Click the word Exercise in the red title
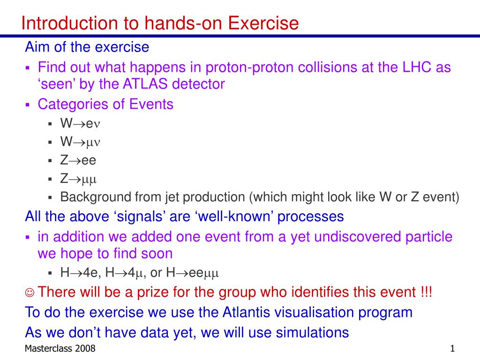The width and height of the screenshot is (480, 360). pyautogui.click(x=263, y=23)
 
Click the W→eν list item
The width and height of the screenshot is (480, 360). pyautogui.click(x=80, y=123)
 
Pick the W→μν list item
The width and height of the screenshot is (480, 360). pyautogui.click(x=80, y=142)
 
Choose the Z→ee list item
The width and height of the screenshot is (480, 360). pyautogui.click(x=78, y=160)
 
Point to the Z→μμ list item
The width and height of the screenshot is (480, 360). pyautogui.click(x=78, y=179)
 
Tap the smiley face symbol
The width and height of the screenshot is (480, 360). pyautogui.click(x=30, y=292)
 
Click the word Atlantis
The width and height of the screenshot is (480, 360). pyautogui.click(x=246, y=312)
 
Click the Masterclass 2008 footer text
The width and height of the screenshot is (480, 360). pyautogui.click(x=60, y=348)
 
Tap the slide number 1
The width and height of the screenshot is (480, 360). pyautogui.click(x=452, y=348)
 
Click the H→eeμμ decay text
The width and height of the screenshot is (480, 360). pyautogui.click(x=192, y=273)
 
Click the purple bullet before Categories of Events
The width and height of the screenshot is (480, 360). pyautogui.click(x=28, y=105)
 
